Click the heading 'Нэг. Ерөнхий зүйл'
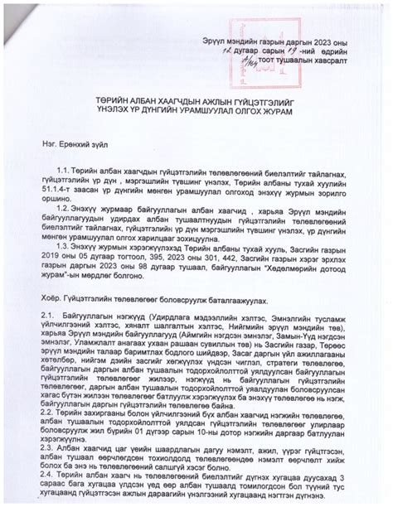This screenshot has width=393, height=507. coord(83,142)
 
